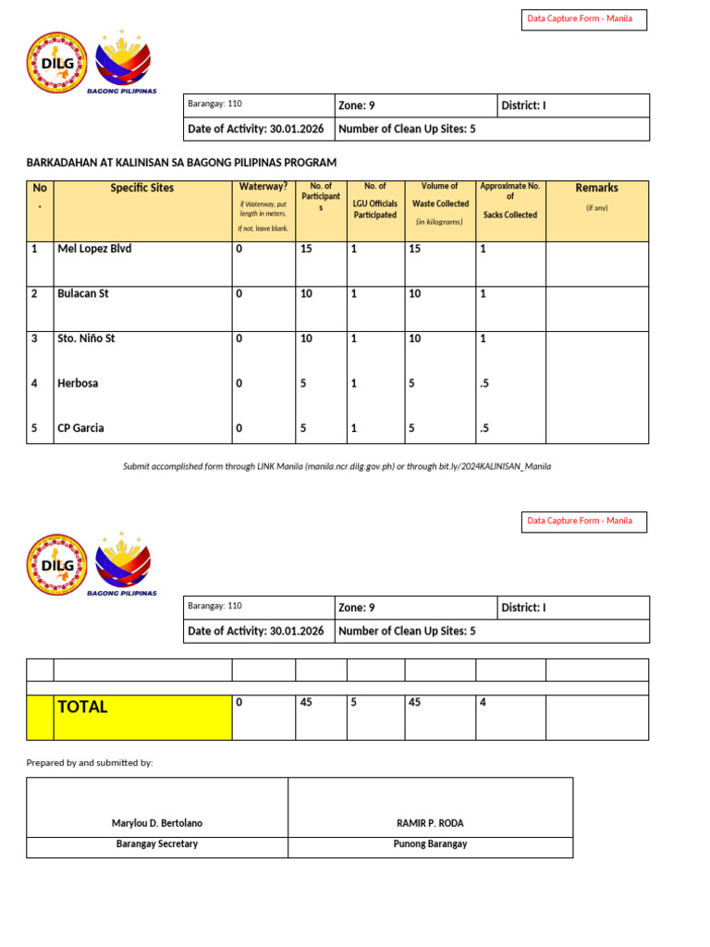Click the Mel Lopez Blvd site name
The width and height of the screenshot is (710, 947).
tap(94, 249)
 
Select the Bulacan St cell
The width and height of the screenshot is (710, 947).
tap(83, 294)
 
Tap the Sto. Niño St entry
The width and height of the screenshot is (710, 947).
tap(86, 338)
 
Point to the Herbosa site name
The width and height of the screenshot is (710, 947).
tap(78, 383)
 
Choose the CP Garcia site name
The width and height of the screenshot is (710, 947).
tap(80, 428)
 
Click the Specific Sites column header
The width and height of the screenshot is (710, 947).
tap(142, 188)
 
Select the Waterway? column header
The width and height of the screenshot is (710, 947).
tap(263, 187)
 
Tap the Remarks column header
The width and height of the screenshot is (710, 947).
tap(596, 188)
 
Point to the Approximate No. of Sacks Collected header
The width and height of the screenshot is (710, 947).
tap(509, 200)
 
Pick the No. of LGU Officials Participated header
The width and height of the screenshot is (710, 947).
tap(374, 201)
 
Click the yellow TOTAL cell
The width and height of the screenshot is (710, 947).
tap(142, 717)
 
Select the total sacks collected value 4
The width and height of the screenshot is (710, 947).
tap(483, 703)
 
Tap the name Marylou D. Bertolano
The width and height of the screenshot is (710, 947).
tap(157, 823)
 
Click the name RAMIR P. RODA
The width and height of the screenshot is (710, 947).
tap(430, 823)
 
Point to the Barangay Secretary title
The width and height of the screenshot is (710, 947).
tap(157, 844)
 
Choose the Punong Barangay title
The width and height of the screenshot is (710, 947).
tap(430, 844)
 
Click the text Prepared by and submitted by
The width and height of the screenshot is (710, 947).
tap(90, 763)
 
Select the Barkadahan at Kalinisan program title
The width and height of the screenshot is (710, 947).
tap(181, 163)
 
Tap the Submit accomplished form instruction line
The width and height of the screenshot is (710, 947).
tap(337, 466)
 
